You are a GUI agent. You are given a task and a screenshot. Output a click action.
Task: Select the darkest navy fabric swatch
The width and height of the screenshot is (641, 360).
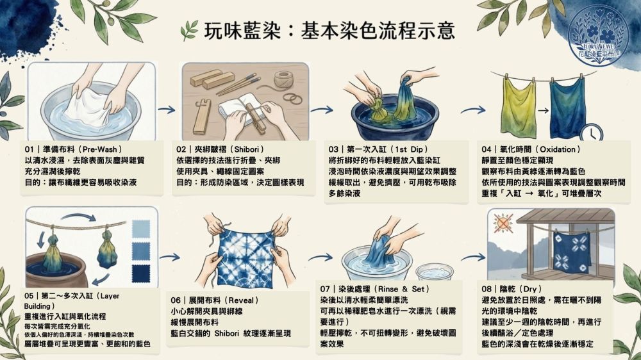(141, 274)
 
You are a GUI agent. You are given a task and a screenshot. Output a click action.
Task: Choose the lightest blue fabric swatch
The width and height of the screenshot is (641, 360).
(141, 229)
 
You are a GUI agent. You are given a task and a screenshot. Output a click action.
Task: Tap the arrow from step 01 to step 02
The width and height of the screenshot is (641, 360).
(167, 110)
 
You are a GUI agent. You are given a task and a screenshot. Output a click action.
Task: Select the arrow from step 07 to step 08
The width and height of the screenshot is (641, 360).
(474, 258)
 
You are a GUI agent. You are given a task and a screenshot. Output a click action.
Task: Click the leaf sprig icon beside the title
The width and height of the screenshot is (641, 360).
(188, 31)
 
